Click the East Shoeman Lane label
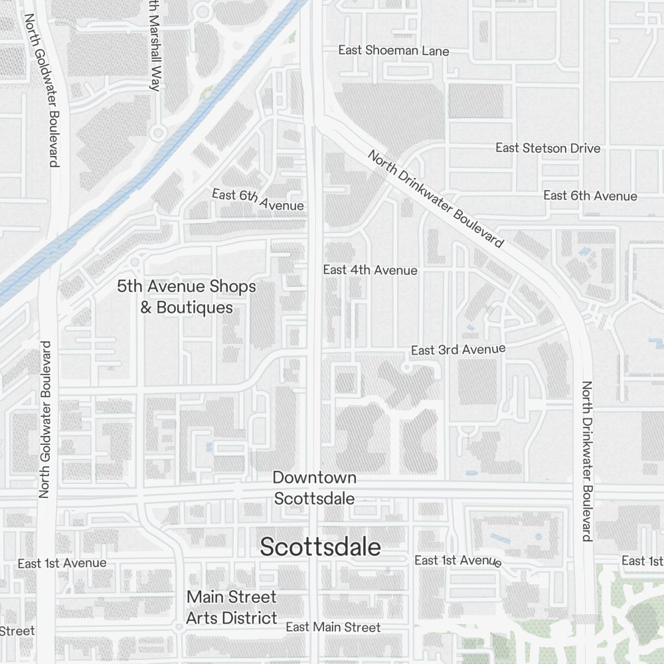393,50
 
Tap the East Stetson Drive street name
548,147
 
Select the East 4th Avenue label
370,270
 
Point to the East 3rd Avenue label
458,349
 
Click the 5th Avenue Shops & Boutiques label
186,297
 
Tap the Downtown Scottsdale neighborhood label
314,487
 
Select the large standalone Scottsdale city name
320,547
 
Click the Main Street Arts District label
231,607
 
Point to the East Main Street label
333,627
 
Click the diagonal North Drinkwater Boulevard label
435,199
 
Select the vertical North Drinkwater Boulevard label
587,461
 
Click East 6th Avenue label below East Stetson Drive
590,195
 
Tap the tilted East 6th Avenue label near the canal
258,199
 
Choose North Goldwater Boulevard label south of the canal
44,420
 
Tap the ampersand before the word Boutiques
145,308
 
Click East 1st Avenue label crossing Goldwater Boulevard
62,563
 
